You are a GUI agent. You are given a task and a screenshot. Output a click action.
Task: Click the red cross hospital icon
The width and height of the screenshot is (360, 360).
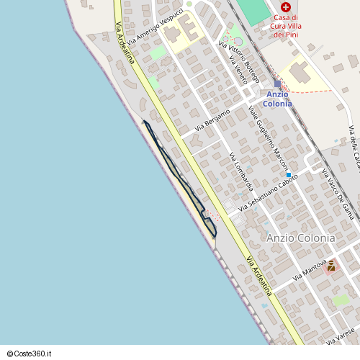click(286, 6)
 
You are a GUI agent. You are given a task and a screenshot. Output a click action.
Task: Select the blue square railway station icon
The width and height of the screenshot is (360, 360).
click(277, 84)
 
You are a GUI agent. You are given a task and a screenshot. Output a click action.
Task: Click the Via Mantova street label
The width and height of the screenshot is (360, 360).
click(310, 272)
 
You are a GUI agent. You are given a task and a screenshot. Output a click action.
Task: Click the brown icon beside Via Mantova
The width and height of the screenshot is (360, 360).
click(330, 266)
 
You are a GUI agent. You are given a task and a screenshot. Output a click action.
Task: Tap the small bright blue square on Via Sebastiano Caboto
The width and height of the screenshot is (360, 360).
click(288, 175)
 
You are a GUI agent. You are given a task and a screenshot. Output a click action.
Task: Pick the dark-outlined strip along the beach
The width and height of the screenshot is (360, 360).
click(180, 180)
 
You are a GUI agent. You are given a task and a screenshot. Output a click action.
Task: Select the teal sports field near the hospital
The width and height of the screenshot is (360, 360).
click(253, 10)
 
